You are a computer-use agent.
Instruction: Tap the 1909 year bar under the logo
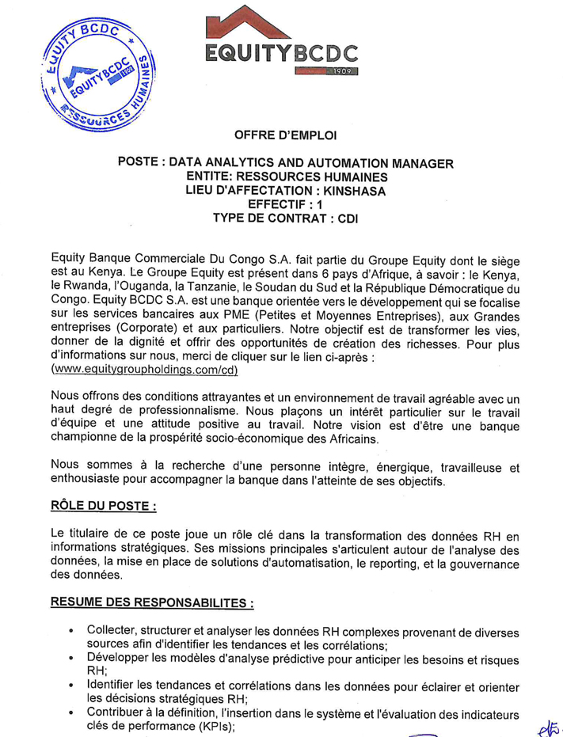pyautogui.click(x=325, y=72)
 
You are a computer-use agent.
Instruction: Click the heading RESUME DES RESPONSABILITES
pyautogui.click(x=151, y=603)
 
